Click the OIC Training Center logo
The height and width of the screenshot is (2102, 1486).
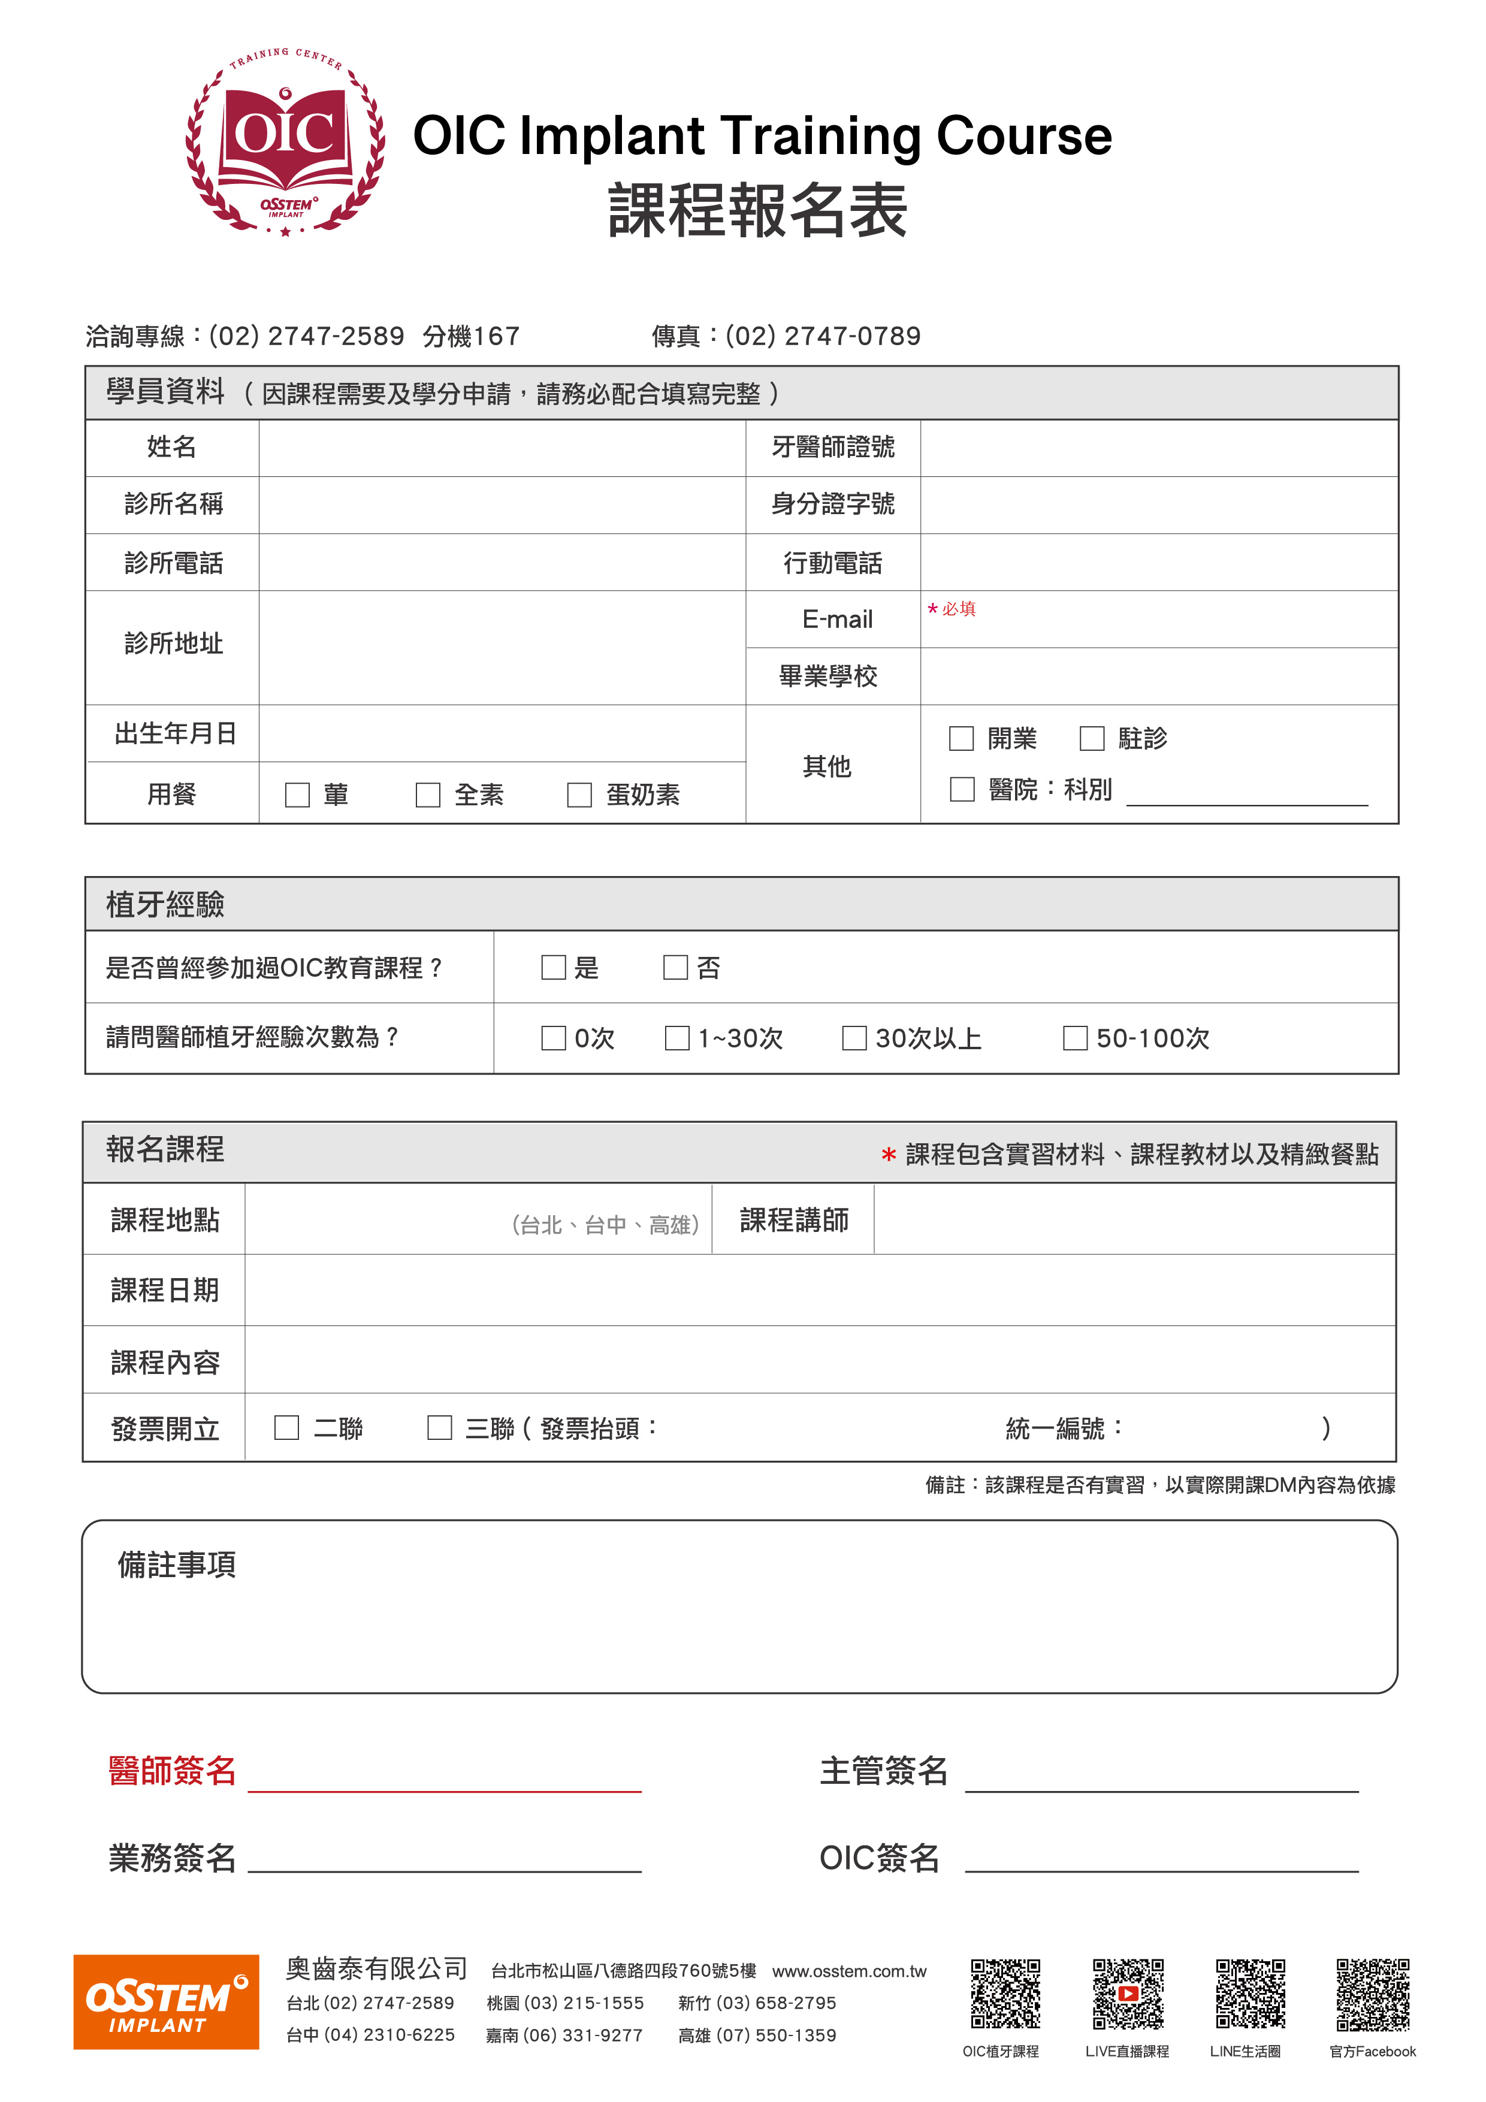pos(285,144)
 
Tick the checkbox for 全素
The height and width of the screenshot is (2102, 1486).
pos(428,795)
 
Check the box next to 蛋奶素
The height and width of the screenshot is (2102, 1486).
pos(579,795)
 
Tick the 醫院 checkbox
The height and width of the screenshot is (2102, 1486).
pos(961,789)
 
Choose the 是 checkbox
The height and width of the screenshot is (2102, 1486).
pos(553,968)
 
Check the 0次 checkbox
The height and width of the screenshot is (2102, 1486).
pos(553,1038)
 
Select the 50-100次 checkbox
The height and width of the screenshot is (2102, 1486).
pos(1075,1038)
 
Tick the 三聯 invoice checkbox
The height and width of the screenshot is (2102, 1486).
pos(439,1428)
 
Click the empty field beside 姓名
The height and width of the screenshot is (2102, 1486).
pos(502,448)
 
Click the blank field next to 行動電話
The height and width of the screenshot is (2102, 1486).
pos(1158,562)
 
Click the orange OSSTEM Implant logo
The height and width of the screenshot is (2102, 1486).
pos(166,2001)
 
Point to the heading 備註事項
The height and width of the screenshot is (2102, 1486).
pos(177,1565)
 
